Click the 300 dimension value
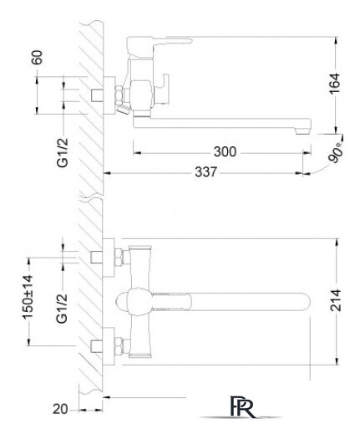coord(225,151)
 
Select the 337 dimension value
coord(205,171)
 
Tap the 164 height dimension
coord(335,84)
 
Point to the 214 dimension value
coord(335,300)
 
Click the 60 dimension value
coord(37,58)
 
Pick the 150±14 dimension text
coord(28,297)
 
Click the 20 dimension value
coord(60,409)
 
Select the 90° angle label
coord(336,152)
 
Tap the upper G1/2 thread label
coord(62,152)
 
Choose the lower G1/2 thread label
coord(62,309)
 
